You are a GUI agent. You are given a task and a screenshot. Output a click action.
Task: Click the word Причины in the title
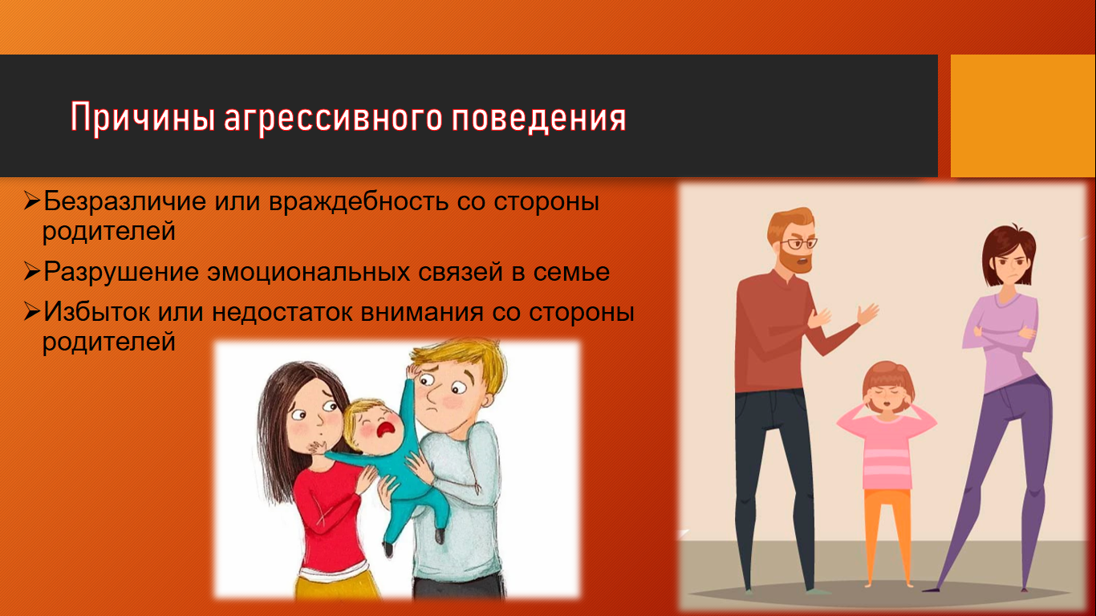[x=143, y=117]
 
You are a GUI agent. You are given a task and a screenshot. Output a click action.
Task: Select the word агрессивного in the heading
[x=334, y=119]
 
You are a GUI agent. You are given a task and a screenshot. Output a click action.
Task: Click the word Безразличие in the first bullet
[x=125, y=201]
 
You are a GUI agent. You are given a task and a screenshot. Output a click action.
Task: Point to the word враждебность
[x=359, y=201]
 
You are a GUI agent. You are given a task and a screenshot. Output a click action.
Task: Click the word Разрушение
[x=121, y=273]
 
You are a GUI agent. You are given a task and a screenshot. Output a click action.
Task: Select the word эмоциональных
[x=309, y=272]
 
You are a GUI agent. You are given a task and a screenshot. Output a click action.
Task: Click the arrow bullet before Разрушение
[x=31, y=272]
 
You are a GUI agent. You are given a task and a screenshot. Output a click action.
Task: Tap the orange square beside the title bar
[x=1023, y=115]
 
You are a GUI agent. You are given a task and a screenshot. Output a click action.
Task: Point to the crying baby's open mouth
[x=386, y=430]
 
